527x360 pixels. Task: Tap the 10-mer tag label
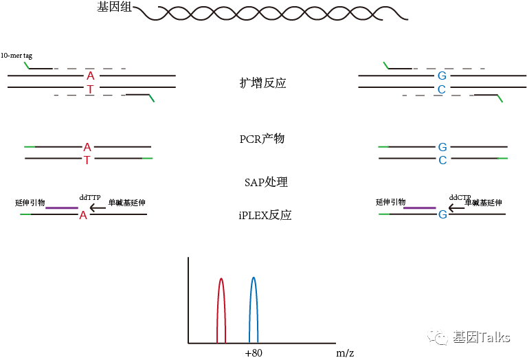click(16, 55)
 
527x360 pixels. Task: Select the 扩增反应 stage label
click(262, 83)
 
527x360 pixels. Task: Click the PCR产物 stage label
click(262, 139)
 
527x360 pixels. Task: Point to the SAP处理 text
click(266, 182)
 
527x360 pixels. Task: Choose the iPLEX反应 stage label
click(265, 215)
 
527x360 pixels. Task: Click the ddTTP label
click(90, 197)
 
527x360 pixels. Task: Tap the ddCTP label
click(460, 197)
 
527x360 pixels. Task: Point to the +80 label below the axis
click(254, 352)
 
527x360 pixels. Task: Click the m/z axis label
click(345, 352)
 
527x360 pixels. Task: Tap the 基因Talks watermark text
click(481, 337)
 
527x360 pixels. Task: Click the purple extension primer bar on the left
click(61, 207)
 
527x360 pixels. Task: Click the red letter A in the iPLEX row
click(83, 215)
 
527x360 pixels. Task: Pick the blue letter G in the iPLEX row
click(442, 215)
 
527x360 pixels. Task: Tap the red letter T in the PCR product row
click(87, 160)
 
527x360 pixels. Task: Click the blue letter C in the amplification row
click(442, 90)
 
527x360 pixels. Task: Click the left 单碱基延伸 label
click(126, 203)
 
